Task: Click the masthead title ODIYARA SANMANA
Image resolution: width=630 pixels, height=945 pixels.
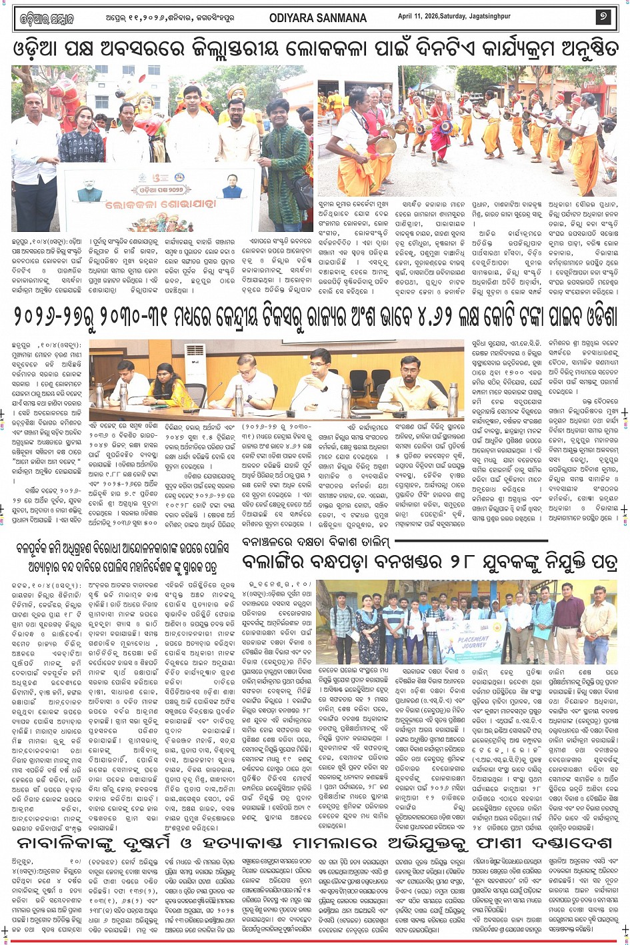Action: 318,18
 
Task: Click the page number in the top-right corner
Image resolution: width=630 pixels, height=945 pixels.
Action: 603,17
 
